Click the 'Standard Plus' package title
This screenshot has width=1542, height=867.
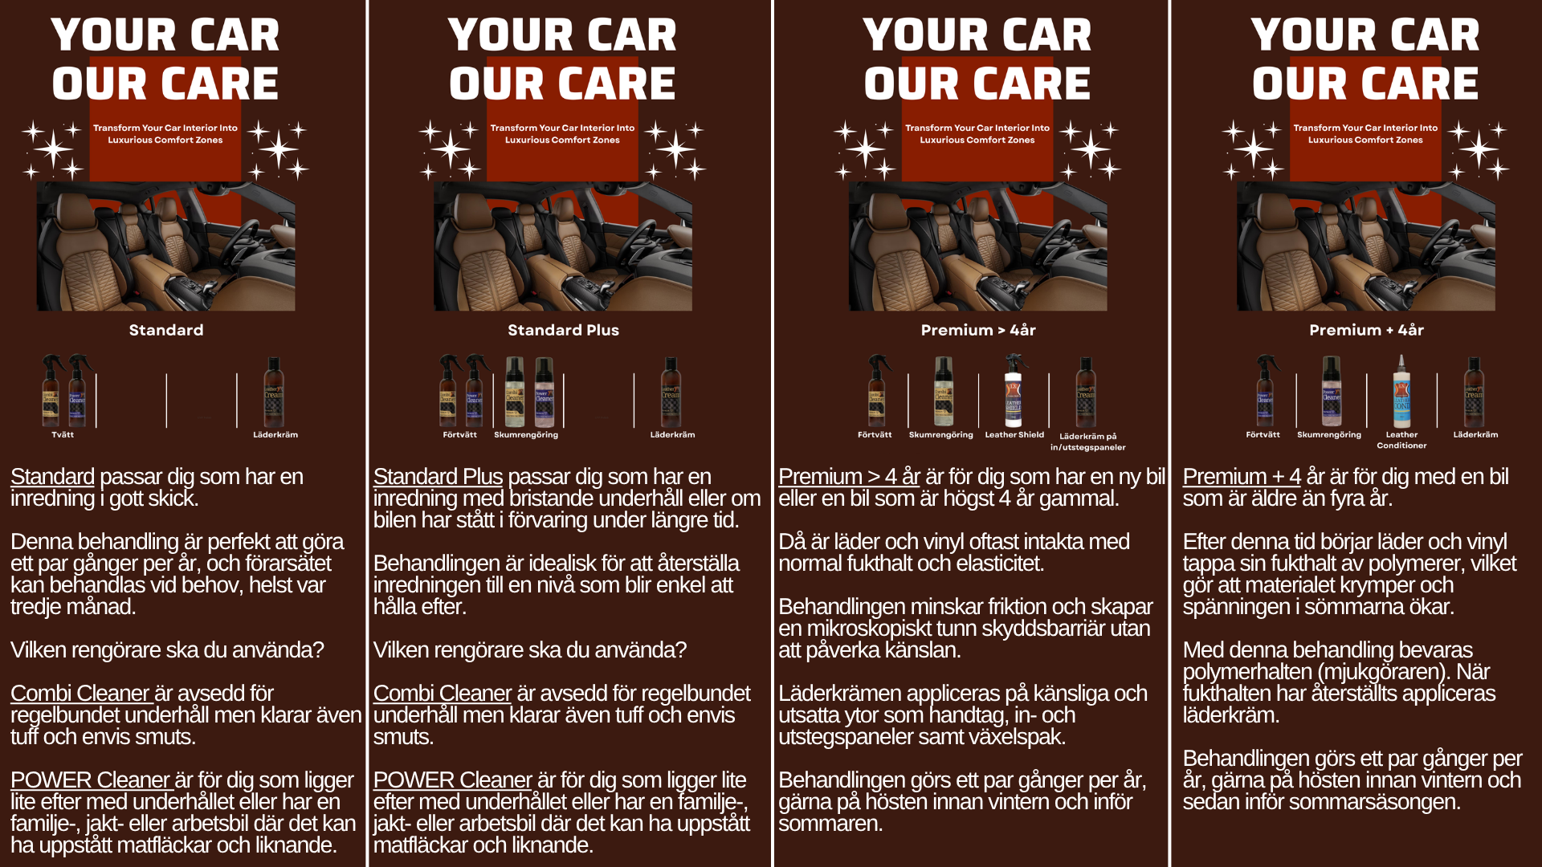pos(563,330)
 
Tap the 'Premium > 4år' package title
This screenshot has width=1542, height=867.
pos(978,330)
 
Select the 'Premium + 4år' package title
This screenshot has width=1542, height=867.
pos(1366,330)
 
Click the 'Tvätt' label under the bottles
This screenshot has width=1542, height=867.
pos(63,434)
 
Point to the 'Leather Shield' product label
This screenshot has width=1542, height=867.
pos(1014,434)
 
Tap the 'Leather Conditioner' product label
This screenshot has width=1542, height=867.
pos(1401,440)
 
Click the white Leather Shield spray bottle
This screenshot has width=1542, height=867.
pos(1014,390)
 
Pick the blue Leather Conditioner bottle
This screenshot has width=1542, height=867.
pos(1401,391)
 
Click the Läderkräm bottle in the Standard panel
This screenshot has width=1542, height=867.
pos(274,393)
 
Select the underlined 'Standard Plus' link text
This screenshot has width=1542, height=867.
pos(438,477)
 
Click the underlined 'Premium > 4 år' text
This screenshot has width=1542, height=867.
pos(849,477)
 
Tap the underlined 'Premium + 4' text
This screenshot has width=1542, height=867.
pos(1242,477)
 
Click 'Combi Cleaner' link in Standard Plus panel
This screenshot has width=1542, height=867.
pos(443,694)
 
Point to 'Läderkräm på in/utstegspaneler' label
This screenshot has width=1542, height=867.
pos(1087,442)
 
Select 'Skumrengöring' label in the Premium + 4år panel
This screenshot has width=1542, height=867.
pos(1329,434)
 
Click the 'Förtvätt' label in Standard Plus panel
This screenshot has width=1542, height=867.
pos(459,434)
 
